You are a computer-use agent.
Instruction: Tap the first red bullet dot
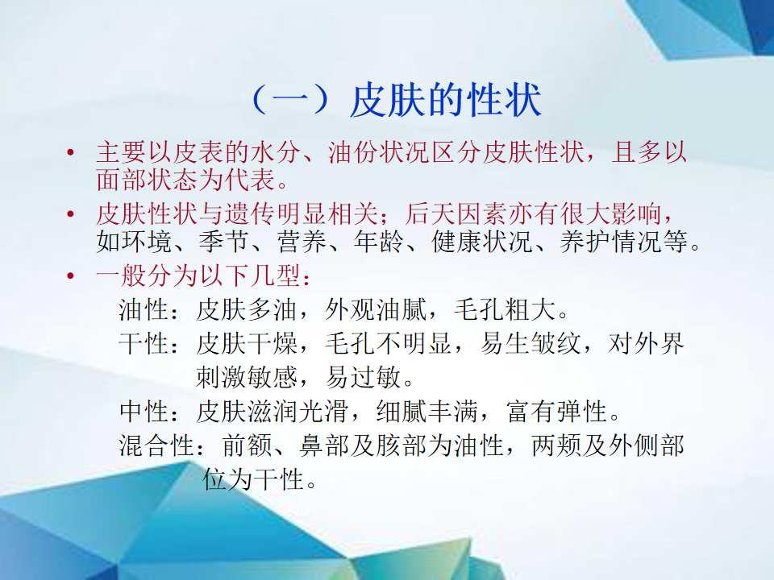pos(71,152)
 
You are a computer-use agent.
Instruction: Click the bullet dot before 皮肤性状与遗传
pos(71,214)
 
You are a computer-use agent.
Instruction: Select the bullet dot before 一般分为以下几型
pos(71,275)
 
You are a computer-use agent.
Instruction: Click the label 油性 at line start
pos(144,310)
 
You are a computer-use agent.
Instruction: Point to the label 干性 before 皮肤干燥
pos(144,344)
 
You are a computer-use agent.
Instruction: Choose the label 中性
pos(144,412)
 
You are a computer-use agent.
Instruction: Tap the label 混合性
pos(156,445)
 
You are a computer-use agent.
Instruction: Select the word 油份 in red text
pos(353,152)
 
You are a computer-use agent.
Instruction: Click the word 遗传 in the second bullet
pos(250,214)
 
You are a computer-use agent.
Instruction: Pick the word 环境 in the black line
pos(147,242)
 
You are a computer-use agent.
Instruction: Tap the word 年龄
pos(379,242)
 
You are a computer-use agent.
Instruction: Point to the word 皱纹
pos(556,344)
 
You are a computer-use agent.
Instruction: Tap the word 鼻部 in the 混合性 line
pos(325,445)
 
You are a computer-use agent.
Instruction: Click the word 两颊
pos(556,445)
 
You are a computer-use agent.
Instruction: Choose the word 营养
pos(302,242)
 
